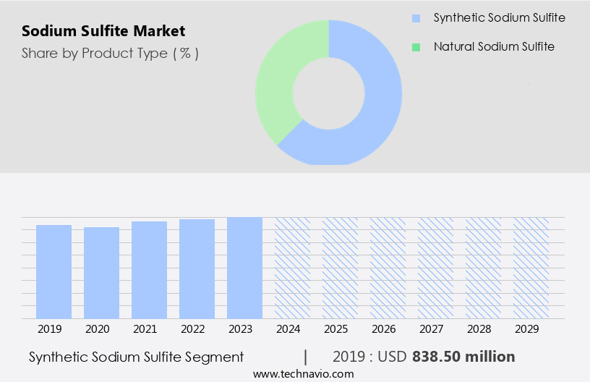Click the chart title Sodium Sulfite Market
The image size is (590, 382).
tap(103, 31)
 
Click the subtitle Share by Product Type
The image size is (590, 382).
tap(110, 53)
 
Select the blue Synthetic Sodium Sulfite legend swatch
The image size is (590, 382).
tap(416, 17)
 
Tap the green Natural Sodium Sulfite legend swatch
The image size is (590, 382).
tap(416, 47)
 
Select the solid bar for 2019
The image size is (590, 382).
tap(54, 271)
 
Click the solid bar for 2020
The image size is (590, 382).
tap(101, 273)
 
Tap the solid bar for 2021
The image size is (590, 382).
tap(149, 270)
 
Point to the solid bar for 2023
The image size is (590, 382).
tap(244, 268)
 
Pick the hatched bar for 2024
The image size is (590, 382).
tap(292, 268)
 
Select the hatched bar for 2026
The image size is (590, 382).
tap(388, 268)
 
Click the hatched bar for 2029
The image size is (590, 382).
tap(531, 268)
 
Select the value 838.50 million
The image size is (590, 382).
tap(463, 357)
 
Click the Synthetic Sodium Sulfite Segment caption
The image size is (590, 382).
tap(136, 357)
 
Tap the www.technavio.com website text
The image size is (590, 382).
tap(303, 374)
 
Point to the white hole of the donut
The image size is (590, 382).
tap(328, 92)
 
